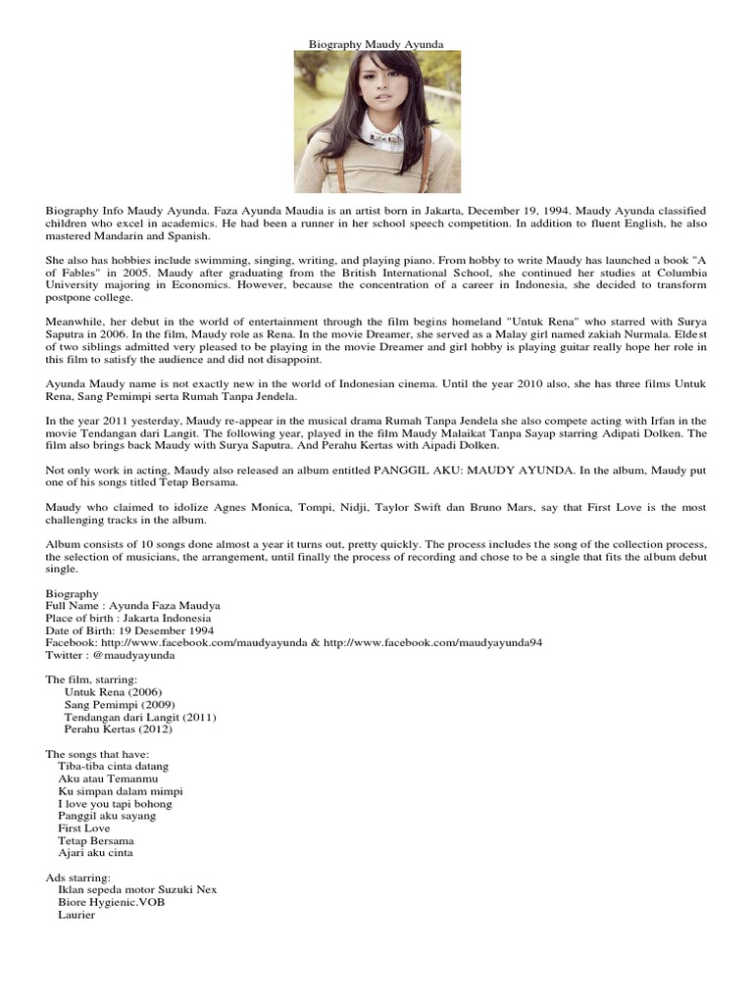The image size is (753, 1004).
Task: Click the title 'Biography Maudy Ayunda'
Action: tap(376, 45)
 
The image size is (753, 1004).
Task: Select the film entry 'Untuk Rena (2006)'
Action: tap(113, 692)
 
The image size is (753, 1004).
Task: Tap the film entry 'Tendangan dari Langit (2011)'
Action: tap(140, 718)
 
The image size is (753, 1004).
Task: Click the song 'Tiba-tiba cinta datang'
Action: tap(114, 766)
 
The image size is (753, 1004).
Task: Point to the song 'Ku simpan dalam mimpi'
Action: tap(120, 791)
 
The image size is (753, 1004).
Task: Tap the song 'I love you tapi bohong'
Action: tap(115, 804)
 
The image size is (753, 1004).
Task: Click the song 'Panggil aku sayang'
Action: tap(107, 816)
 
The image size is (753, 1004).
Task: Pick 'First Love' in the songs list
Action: tap(84, 828)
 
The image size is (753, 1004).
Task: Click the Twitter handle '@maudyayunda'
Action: tap(133, 655)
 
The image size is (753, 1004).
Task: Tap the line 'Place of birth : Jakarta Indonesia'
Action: tap(128, 619)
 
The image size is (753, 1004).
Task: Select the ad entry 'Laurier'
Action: tap(76, 915)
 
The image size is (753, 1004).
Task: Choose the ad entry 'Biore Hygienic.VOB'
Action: tap(111, 902)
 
